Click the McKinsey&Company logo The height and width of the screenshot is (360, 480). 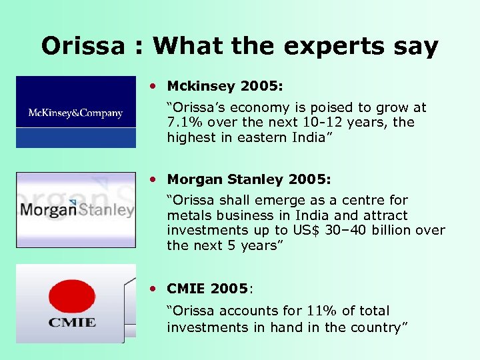[75, 112]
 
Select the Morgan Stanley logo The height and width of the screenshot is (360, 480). [75, 210]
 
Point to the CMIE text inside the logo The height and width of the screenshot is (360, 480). [72, 323]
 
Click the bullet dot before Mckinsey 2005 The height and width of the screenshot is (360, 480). [154, 86]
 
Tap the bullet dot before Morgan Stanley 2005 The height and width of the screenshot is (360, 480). [154, 179]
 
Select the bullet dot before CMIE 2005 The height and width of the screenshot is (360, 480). [154, 289]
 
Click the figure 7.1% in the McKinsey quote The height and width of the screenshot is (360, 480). [185, 123]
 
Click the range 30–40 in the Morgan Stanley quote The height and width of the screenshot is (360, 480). [349, 230]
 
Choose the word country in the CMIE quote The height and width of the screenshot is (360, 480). [375, 327]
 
